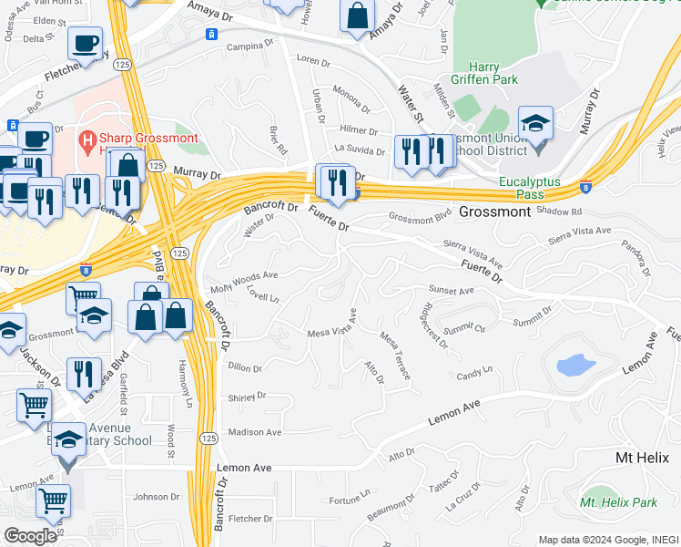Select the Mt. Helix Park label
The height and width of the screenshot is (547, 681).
pos(619,502)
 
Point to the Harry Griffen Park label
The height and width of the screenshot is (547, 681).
pos(480,73)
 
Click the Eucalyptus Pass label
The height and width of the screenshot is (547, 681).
pos(534,188)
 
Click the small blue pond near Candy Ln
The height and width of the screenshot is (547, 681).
pos(575,366)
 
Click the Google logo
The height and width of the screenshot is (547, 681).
pos(31,536)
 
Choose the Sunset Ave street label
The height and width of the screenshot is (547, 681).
pos(452,292)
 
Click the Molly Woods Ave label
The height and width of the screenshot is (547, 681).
pos(244,275)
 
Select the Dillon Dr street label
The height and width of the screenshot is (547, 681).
pos(245,368)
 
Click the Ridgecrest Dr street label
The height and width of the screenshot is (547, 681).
pos(431,323)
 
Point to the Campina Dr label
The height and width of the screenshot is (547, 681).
pos(251,46)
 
